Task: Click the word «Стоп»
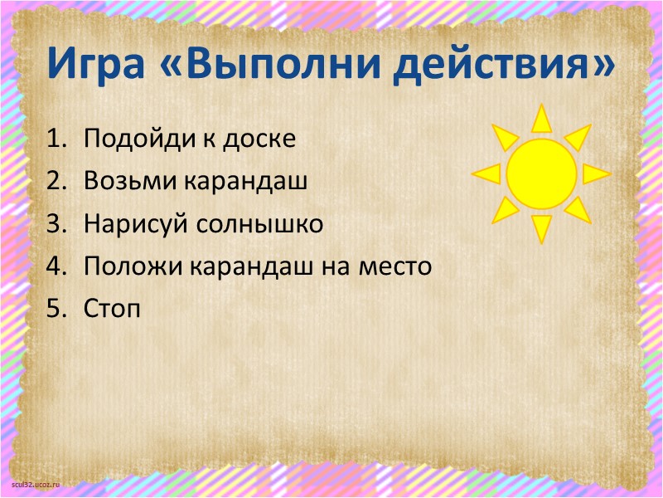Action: [x=112, y=310]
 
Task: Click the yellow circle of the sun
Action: [x=541, y=173]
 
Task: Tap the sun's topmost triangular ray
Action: [x=541, y=120]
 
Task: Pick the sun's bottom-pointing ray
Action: [x=541, y=227]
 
